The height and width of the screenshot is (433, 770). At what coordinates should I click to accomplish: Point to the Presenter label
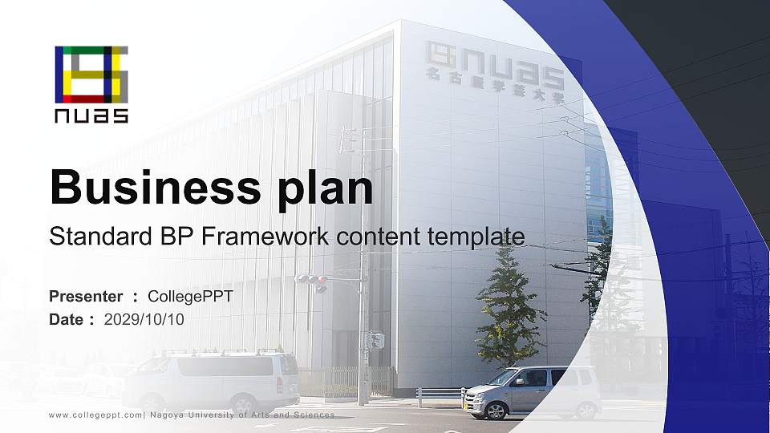point(86,297)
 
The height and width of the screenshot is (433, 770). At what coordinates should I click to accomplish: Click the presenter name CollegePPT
point(191,297)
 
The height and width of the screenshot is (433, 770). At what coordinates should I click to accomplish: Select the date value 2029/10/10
point(144,319)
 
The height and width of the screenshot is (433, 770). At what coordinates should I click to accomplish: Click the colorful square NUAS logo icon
point(91,75)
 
